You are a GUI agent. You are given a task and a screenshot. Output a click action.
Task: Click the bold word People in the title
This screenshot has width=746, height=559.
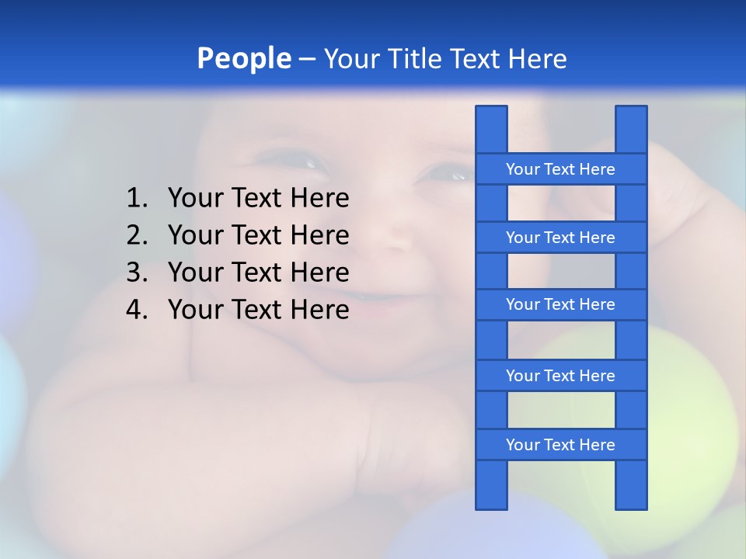[x=243, y=58]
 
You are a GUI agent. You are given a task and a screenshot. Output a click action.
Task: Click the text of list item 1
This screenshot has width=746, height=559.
[x=258, y=199]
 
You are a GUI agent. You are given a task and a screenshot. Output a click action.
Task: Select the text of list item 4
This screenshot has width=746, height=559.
[x=258, y=310]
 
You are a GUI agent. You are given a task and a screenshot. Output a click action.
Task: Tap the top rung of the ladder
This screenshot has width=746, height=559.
[x=560, y=169]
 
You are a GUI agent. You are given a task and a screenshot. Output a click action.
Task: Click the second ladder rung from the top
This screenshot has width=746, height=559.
[x=560, y=238]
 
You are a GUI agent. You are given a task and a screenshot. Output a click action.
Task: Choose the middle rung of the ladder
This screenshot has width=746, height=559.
[x=560, y=304]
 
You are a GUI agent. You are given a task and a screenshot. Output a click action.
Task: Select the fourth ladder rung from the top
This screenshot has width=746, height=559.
[x=560, y=376]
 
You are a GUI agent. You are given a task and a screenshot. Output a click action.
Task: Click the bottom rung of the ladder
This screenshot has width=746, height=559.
[x=560, y=445]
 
